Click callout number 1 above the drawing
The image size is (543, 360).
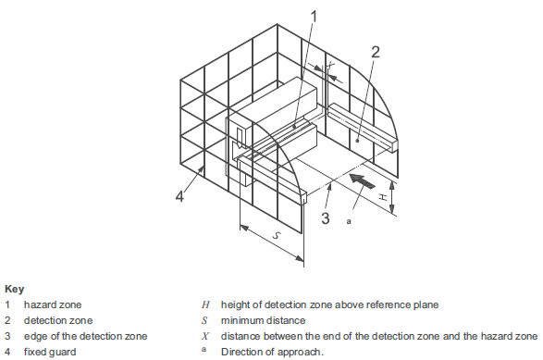pos(314,17)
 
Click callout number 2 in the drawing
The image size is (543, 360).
pos(375,52)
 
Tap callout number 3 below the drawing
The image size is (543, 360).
pos(326,218)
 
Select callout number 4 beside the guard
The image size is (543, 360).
pos(179,196)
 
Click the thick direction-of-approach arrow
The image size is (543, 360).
pos(362,180)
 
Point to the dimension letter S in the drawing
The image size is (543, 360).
pos(276,236)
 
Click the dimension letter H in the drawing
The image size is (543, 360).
pos(382,197)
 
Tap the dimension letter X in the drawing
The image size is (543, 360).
pos(331,65)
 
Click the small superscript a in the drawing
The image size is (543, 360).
pos(349,221)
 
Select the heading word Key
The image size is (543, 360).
pos(15,289)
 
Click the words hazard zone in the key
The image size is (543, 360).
pos(53,304)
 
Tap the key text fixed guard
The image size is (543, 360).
pos(50,352)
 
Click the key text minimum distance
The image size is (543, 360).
pos(264,320)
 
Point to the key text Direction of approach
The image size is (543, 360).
pos(272,352)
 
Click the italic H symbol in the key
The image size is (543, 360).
pos(205,304)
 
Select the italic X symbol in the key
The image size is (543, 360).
pos(205,336)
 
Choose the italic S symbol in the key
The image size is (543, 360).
pos(204,320)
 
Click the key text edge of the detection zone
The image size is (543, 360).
pos(85,336)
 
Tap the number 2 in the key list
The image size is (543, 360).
pos(7,320)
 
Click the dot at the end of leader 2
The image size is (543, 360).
pos(357,141)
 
